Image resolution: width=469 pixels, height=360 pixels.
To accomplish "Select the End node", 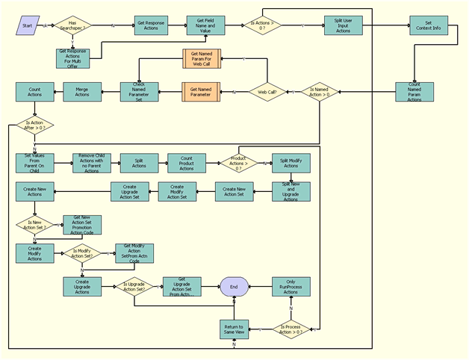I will pyautogui.click(x=234, y=286).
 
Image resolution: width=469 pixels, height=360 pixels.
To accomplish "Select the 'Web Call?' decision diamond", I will pyautogui.click(x=266, y=93).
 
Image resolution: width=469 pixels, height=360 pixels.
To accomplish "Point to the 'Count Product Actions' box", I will pyautogui.click(x=187, y=163).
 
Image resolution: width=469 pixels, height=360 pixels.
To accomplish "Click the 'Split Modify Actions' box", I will pyautogui.click(x=291, y=163).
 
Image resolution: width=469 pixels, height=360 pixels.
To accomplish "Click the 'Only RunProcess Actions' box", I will pyautogui.click(x=291, y=286).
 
